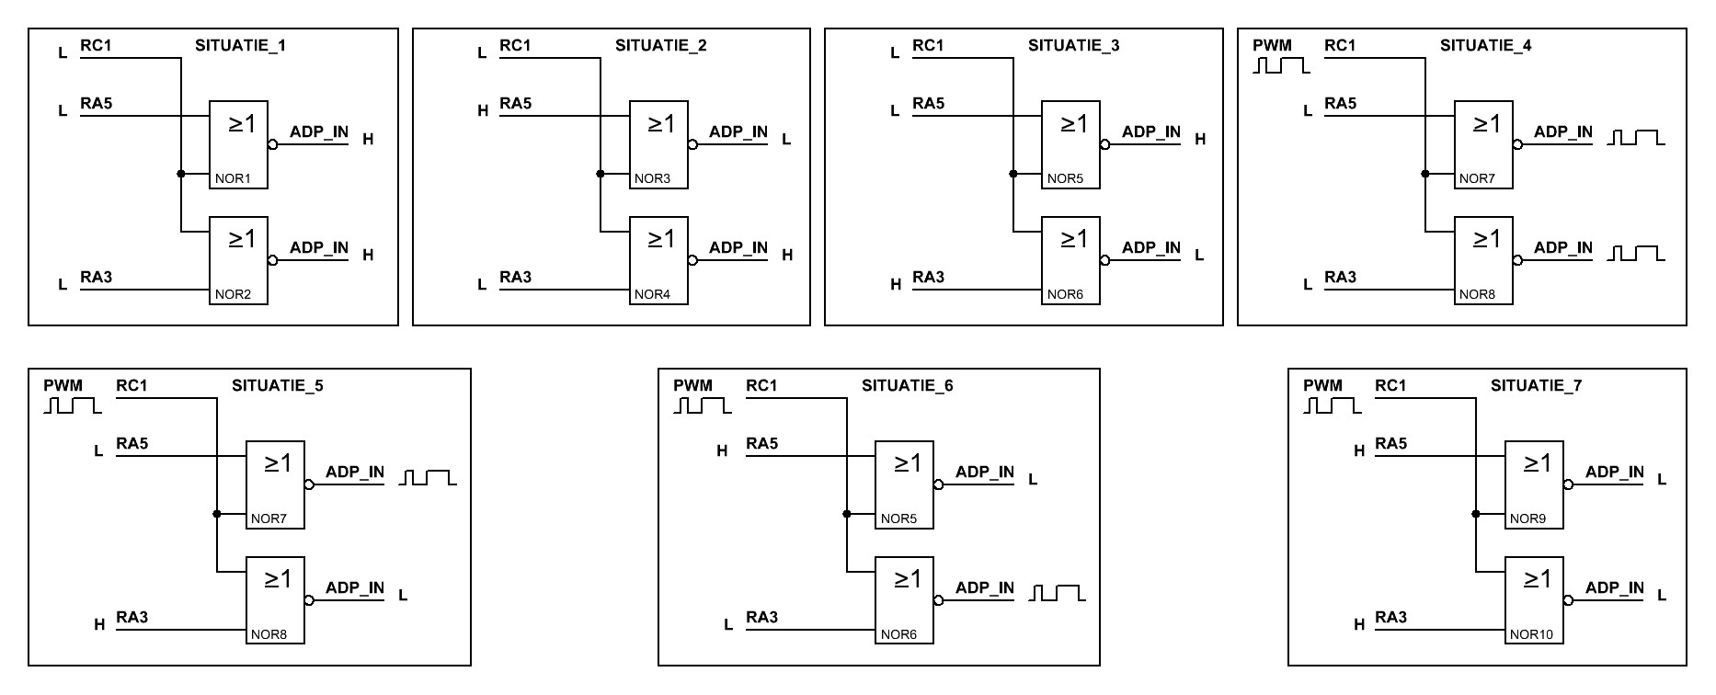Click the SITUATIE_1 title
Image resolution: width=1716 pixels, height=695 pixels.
(x=240, y=45)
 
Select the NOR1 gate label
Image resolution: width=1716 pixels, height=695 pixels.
(x=233, y=178)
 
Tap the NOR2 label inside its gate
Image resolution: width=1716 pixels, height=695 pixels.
(x=233, y=294)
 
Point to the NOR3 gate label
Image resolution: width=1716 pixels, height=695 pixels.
(x=652, y=178)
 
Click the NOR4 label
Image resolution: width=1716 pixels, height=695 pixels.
(x=652, y=294)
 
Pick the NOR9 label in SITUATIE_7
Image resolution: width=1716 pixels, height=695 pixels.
(x=1527, y=518)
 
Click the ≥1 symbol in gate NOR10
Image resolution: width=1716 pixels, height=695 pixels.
(x=1537, y=578)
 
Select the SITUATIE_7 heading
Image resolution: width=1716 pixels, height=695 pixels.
(x=1536, y=385)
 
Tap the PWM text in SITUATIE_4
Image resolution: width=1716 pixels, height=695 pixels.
(x=1272, y=45)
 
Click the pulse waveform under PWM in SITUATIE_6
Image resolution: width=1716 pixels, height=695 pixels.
(x=703, y=405)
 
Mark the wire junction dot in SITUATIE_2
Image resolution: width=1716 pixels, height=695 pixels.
(x=600, y=174)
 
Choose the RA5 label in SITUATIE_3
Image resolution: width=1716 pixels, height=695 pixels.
(x=928, y=103)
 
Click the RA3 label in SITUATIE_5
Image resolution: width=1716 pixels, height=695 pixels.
(x=132, y=617)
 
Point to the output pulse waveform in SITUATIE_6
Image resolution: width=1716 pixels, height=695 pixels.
(x=1058, y=593)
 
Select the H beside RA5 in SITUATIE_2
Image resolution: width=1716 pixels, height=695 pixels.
(x=483, y=111)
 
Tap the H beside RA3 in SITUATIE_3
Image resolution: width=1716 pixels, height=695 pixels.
(x=896, y=285)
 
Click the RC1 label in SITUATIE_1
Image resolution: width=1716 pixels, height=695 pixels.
(x=96, y=45)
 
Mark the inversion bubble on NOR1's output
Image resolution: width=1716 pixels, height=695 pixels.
(x=272, y=144)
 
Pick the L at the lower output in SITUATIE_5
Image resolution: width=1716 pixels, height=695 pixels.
(x=403, y=595)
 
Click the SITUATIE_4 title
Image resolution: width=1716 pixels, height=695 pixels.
(x=1485, y=45)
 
